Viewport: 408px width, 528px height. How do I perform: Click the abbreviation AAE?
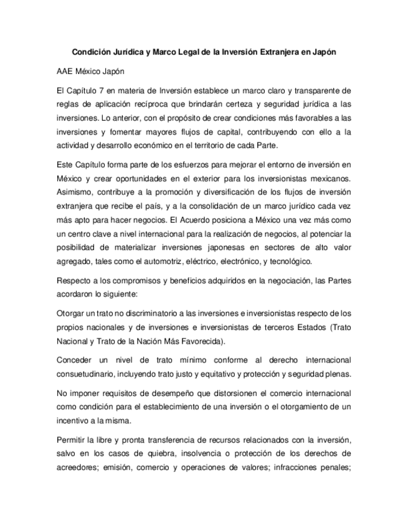click(x=65, y=72)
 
